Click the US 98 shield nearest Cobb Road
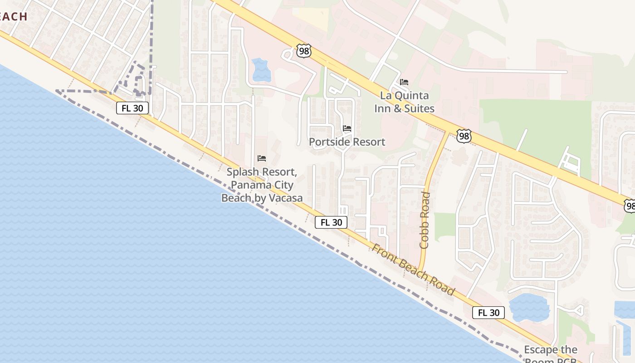point(464,136)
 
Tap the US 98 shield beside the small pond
point(304,51)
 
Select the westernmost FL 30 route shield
point(132,108)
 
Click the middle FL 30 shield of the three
point(331,222)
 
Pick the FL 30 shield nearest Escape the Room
point(488,313)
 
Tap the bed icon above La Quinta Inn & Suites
point(404,82)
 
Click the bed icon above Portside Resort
point(347,128)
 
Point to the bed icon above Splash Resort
point(262,158)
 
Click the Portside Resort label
point(347,142)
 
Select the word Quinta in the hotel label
point(411,96)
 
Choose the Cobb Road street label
point(425,220)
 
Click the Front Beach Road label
point(413,270)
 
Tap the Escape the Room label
point(551,350)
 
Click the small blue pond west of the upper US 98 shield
point(261,70)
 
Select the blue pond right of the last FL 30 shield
point(529,307)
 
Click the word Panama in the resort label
point(250,185)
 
